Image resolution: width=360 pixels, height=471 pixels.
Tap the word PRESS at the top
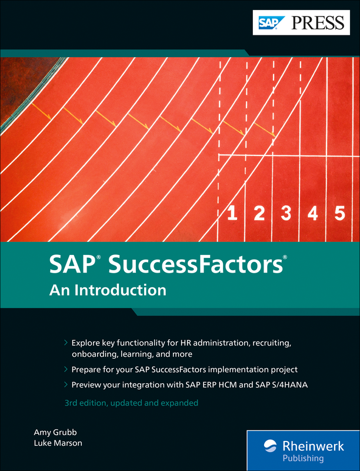tap(316, 24)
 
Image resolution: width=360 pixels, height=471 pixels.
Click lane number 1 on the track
tap(232, 214)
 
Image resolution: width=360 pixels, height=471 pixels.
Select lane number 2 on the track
tap(259, 214)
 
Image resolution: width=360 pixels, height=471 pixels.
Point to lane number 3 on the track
tap(286, 214)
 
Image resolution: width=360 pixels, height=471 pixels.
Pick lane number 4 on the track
tap(312, 214)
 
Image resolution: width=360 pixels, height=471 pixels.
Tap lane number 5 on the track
tap(339, 214)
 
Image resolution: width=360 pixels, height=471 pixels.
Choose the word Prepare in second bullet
tap(88, 370)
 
